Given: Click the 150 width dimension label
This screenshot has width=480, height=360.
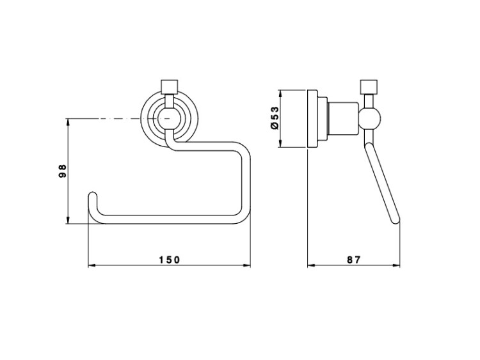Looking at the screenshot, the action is point(170,260).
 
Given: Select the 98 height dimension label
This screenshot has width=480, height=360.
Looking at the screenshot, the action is point(62,171).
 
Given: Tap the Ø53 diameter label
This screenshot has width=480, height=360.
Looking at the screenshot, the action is point(275,118).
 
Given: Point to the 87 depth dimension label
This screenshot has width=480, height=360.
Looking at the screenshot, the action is point(354,260).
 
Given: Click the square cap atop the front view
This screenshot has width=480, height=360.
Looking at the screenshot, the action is point(170,87).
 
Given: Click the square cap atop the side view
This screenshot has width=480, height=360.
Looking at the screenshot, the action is point(369,87).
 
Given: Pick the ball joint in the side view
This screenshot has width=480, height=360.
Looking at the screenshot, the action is point(369,118).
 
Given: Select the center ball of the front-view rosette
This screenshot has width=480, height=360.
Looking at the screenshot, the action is point(170,118).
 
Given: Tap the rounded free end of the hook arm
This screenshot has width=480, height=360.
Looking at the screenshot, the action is point(93,196).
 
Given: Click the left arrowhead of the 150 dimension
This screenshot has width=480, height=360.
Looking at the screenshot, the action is point(92,265).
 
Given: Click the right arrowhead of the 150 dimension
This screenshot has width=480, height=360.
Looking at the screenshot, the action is point(247,265).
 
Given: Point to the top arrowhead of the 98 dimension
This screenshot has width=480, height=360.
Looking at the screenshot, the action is point(68,121).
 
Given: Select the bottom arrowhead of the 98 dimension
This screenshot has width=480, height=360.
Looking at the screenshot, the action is point(68,220).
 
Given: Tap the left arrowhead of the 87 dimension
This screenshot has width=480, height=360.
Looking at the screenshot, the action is point(311,265).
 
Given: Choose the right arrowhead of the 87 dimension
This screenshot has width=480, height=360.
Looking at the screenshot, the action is point(396,265).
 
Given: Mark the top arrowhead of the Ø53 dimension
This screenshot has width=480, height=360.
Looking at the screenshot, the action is point(280,93).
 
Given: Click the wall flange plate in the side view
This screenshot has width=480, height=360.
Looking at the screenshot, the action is point(312,118).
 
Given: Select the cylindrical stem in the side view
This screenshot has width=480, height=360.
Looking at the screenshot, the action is point(343,118).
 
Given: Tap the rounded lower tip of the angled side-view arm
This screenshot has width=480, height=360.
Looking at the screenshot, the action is point(396,220).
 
